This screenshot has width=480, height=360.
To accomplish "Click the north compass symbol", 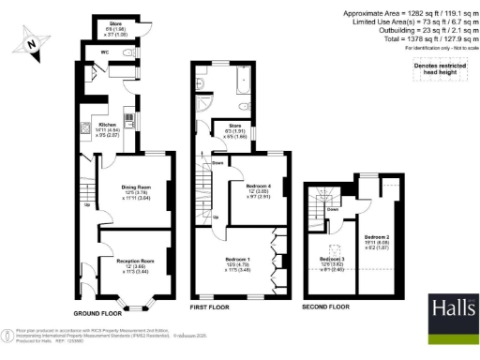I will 35,40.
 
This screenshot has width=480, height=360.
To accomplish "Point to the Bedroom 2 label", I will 377,237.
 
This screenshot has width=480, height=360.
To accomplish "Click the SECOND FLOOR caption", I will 327,307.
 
